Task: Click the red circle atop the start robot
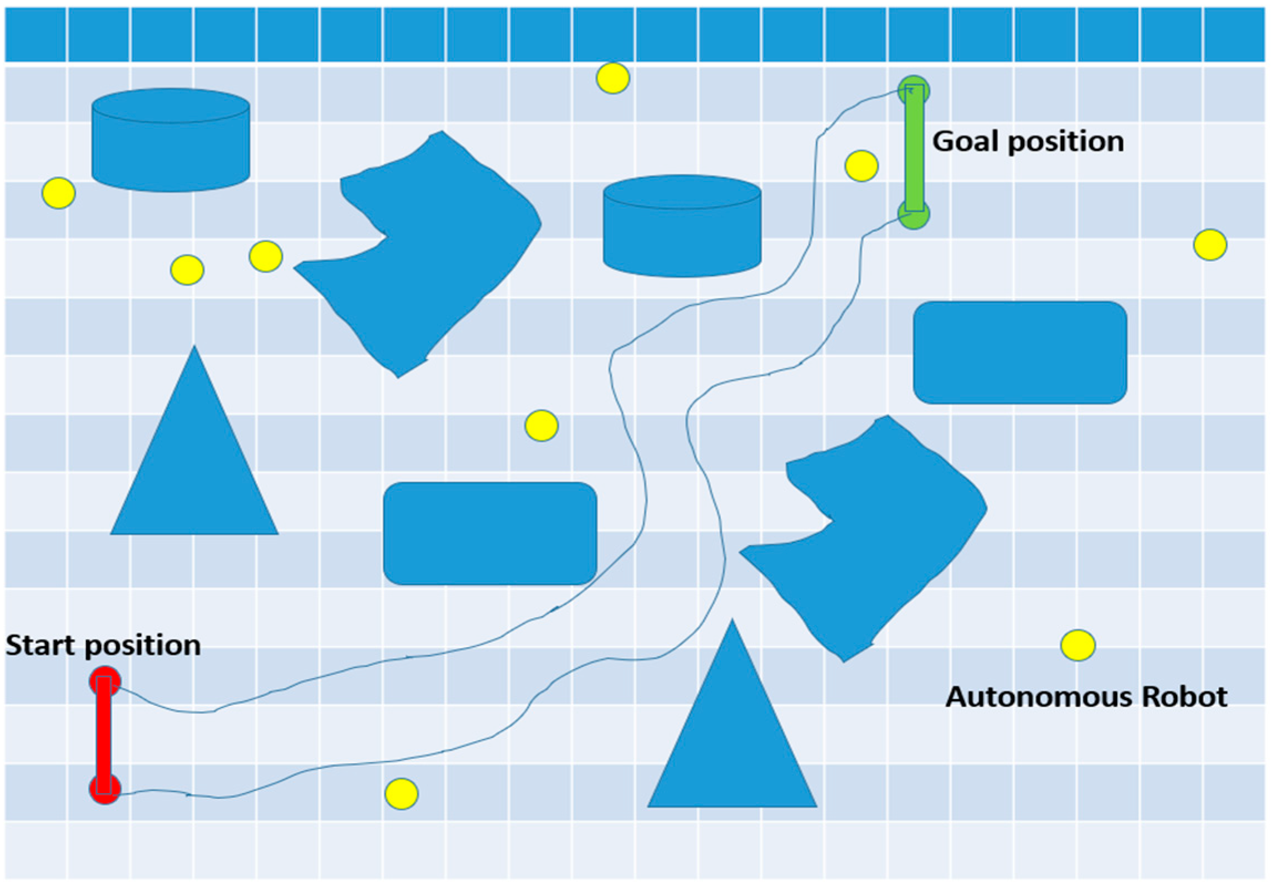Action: [105, 682]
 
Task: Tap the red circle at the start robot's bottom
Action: [105, 789]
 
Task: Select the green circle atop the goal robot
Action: [914, 90]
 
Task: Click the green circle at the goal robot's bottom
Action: [914, 214]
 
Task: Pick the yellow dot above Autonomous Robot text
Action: [1078, 645]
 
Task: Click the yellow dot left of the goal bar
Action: [862, 166]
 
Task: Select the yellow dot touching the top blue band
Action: [612, 78]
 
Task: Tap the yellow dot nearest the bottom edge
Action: [401, 794]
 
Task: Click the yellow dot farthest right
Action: [1210, 245]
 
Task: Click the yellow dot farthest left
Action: [59, 193]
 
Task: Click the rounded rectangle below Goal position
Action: [1020, 353]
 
